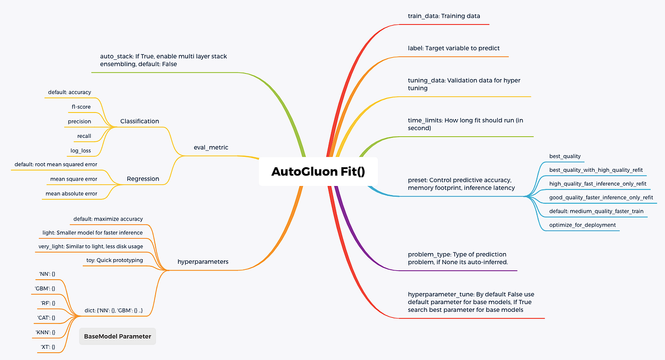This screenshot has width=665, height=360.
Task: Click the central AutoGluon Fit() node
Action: point(318,172)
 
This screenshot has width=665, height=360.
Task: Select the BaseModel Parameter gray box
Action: point(117,336)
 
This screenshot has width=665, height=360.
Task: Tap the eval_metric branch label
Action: point(211,147)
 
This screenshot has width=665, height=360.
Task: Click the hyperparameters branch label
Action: point(203,261)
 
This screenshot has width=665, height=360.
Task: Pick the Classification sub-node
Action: point(140,121)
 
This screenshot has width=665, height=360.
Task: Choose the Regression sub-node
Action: point(143,179)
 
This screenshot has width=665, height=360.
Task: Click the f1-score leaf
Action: point(81,107)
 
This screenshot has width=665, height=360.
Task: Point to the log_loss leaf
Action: point(80,150)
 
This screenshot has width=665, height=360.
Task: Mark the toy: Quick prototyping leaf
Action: point(114,260)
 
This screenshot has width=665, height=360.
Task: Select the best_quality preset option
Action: point(565,156)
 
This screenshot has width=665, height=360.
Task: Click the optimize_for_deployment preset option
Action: point(582,225)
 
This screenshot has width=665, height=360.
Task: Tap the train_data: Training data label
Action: point(444,16)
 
